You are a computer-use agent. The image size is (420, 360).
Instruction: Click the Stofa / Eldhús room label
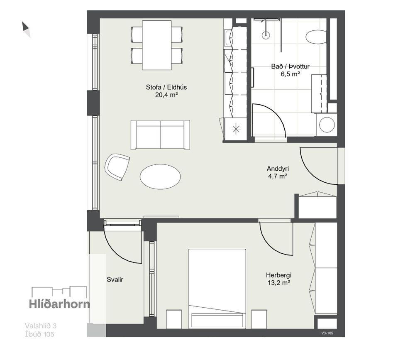point(166,87)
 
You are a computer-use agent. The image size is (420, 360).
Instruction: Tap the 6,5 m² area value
point(290,74)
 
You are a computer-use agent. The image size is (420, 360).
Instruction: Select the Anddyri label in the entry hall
point(278,169)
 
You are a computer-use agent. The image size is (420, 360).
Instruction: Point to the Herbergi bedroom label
point(278,275)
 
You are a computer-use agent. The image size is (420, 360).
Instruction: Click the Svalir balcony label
point(115,279)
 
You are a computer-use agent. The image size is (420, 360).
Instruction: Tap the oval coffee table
point(160,176)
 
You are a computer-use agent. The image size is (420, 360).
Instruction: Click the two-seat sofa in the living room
point(160,135)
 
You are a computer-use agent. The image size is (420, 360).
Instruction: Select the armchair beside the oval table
point(117,167)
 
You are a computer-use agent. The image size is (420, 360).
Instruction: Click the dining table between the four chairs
point(157,45)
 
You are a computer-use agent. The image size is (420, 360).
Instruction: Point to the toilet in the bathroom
point(316,37)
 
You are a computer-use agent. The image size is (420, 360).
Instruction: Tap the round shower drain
point(266,34)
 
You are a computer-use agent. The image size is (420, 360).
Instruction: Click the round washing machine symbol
point(327,125)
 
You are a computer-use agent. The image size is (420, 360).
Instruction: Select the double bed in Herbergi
point(217,289)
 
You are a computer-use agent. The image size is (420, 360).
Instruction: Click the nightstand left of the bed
point(174,319)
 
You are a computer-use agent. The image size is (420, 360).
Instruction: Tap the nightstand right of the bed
point(259,319)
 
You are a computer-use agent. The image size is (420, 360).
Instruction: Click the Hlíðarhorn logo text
point(59,304)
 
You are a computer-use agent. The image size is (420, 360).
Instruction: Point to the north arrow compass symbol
point(26,29)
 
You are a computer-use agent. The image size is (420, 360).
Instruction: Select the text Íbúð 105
point(39,334)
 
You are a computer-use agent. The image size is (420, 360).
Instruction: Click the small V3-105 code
point(327,333)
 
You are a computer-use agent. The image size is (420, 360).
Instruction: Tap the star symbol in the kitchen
point(236,129)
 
